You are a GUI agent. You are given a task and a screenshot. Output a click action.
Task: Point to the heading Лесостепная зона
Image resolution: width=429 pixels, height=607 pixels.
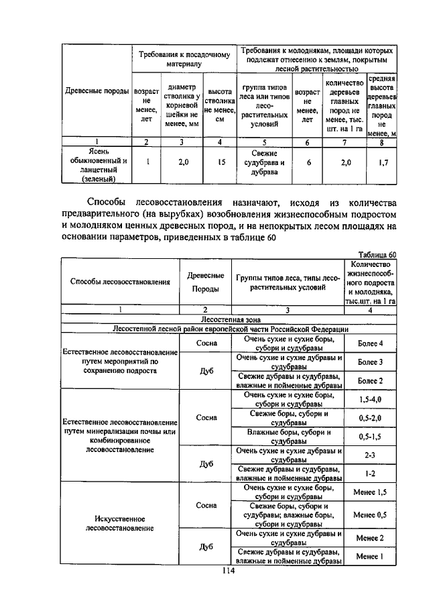(x=229, y=319)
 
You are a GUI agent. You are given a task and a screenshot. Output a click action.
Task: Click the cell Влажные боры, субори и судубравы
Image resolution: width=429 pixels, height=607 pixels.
(x=288, y=436)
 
